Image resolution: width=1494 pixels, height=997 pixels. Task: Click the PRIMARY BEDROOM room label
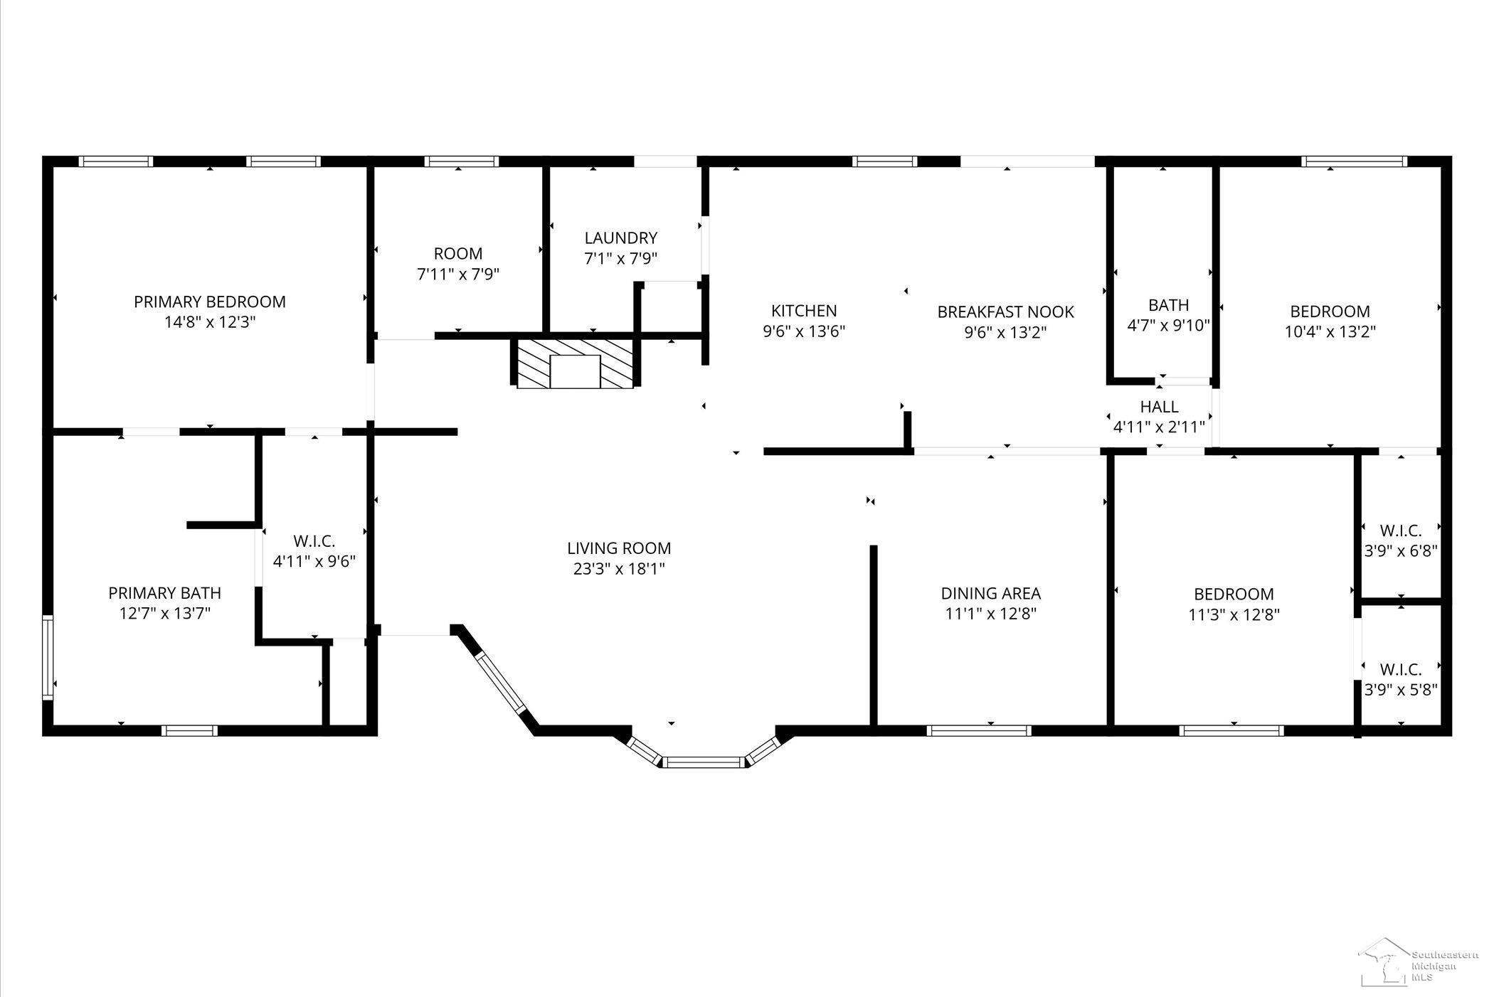pyautogui.click(x=210, y=302)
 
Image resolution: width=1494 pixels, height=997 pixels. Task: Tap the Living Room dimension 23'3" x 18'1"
pyautogui.click(x=619, y=569)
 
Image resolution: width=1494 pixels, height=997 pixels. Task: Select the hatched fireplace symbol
pyautogui.click(x=575, y=363)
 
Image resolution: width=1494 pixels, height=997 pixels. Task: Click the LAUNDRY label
pyautogui.click(x=621, y=238)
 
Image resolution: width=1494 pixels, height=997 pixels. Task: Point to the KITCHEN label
pyautogui.click(x=804, y=311)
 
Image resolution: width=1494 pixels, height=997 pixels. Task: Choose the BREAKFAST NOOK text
pyautogui.click(x=1005, y=311)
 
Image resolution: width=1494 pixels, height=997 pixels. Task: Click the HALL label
pyautogui.click(x=1159, y=407)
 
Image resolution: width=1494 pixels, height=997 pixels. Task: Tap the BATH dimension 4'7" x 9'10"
pyautogui.click(x=1168, y=326)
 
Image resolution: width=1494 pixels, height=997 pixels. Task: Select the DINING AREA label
pyautogui.click(x=990, y=593)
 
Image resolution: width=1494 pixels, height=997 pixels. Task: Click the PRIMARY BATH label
pyautogui.click(x=164, y=593)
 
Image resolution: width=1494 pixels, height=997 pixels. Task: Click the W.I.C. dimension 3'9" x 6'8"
pyautogui.click(x=1400, y=551)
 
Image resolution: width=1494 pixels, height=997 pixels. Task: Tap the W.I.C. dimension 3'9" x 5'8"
pyautogui.click(x=1400, y=690)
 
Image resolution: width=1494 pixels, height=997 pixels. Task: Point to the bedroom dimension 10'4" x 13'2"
pyautogui.click(x=1330, y=331)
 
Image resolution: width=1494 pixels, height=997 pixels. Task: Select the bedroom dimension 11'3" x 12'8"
pyautogui.click(x=1234, y=614)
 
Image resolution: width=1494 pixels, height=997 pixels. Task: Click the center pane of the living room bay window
pyautogui.click(x=703, y=763)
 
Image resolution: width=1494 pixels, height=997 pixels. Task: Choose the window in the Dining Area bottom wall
pyautogui.click(x=979, y=730)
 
